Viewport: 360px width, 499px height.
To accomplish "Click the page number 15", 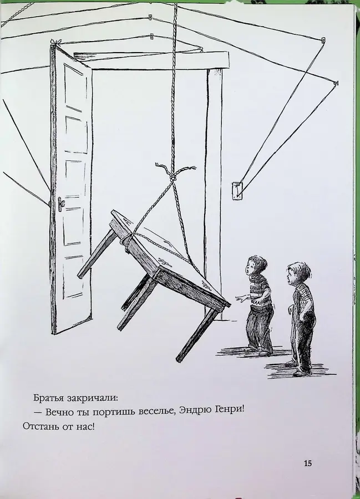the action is coord(308,463).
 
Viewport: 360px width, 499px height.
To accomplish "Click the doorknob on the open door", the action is coord(61,203).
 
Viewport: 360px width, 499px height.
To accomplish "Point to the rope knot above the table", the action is coord(174,175).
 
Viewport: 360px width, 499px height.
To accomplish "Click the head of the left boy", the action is coord(256,266).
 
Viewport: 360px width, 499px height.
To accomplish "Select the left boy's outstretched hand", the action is coord(242,298).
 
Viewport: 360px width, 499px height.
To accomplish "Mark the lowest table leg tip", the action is coord(179,359).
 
